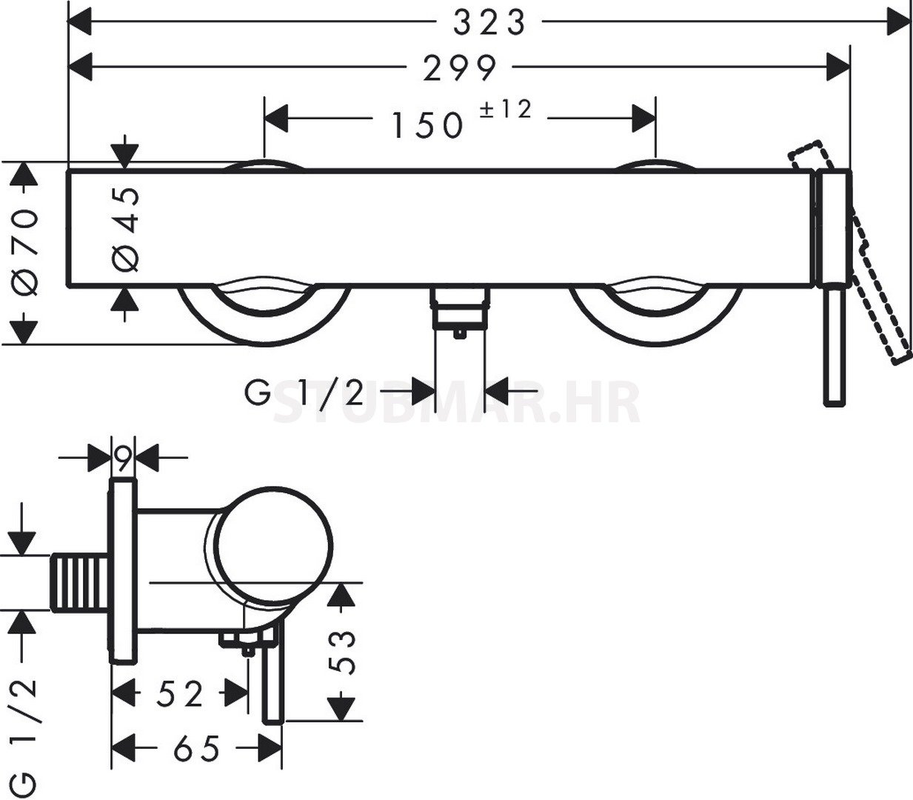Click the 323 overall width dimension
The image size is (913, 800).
[x=489, y=23]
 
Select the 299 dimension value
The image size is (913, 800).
[x=460, y=68]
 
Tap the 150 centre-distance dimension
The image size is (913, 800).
[x=427, y=125]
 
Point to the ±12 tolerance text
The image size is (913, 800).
[x=506, y=110]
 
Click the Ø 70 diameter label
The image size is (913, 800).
[x=24, y=253]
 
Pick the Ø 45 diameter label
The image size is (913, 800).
[x=125, y=230]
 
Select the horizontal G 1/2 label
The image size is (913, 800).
[x=304, y=392]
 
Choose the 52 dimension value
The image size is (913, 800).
[x=180, y=692]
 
